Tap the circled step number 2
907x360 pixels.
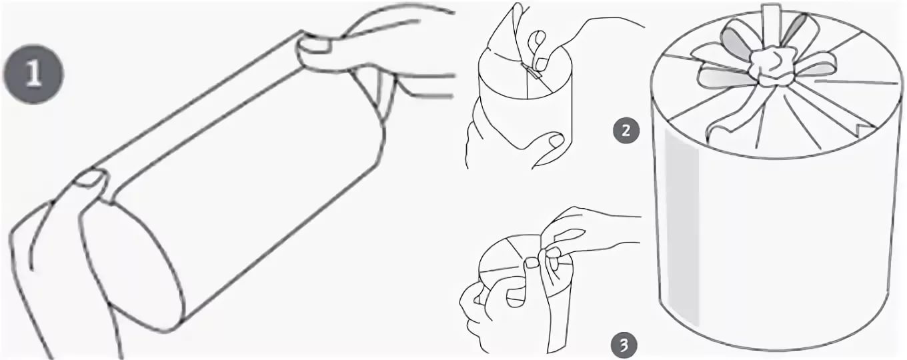[x=626, y=131]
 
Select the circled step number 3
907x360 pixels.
[x=624, y=345]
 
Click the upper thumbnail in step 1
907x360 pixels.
[x=315, y=45]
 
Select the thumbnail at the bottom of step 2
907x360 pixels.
[x=556, y=141]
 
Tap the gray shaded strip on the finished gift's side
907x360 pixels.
[x=682, y=227]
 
